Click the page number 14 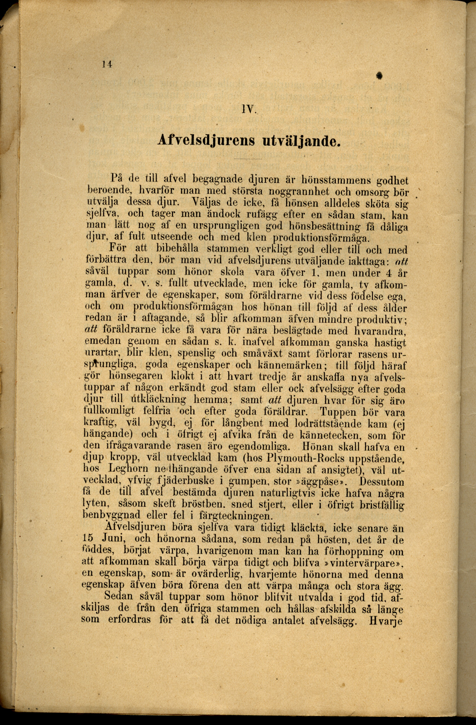[107, 64]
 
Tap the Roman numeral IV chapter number [247, 109]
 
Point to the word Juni [113, 539]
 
